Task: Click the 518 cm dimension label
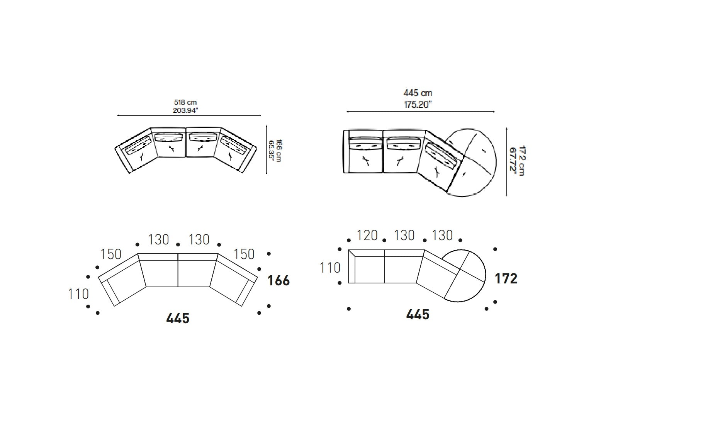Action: point(185,102)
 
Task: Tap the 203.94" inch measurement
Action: point(185,110)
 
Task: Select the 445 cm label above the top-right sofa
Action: point(418,93)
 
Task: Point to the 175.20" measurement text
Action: point(418,105)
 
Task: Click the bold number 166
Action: point(279,281)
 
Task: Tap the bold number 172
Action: point(506,278)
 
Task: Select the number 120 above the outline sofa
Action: point(367,235)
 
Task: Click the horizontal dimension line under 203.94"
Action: point(189,115)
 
